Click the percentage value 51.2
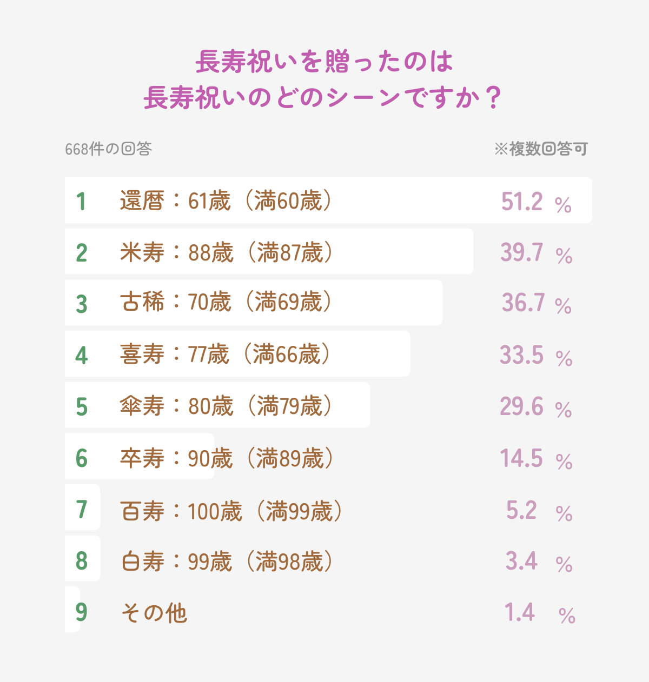click(521, 202)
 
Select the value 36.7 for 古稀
click(523, 303)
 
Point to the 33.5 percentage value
click(521, 355)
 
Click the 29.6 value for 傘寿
click(521, 406)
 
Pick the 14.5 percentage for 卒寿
click(521, 458)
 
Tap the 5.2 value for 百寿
click(521, 510)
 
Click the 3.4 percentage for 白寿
click(521, 561)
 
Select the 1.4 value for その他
click(520, 613)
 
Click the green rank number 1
click(81, 202)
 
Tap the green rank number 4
click(81, 356)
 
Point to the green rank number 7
click(82, 510)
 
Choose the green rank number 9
click(81, 612)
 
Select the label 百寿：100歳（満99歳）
click(232, 511)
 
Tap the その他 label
click(154, 613)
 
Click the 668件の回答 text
click(108, 149)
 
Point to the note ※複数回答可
click(540, 149)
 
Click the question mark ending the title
click(493, 98)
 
